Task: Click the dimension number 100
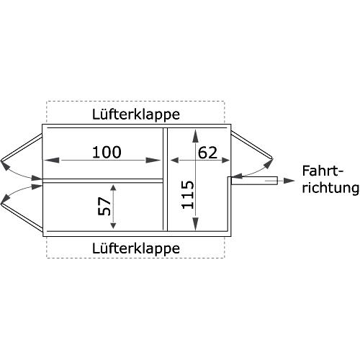point(107,152)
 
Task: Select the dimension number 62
point(207,153)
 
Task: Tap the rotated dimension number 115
point(187,194)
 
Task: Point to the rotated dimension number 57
point(104,206)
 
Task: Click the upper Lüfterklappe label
point(136,114)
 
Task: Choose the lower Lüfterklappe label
point(136,248)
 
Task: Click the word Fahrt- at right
point(323,171)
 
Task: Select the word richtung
point(330,188)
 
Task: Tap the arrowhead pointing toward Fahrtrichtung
point(289,181)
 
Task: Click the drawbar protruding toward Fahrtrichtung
point(254,181)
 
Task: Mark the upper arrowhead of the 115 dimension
point(196,136)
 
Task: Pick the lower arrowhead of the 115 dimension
point(196,223)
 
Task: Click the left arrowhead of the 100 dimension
point(52,160)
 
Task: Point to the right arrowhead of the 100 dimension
point(153,160)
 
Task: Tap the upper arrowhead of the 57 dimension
point(113,188)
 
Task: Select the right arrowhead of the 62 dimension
point(225,160)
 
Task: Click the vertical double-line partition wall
point(165,179)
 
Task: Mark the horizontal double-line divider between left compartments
point(103,181)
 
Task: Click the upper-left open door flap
point(22,148)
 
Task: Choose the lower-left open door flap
point(22,218)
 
